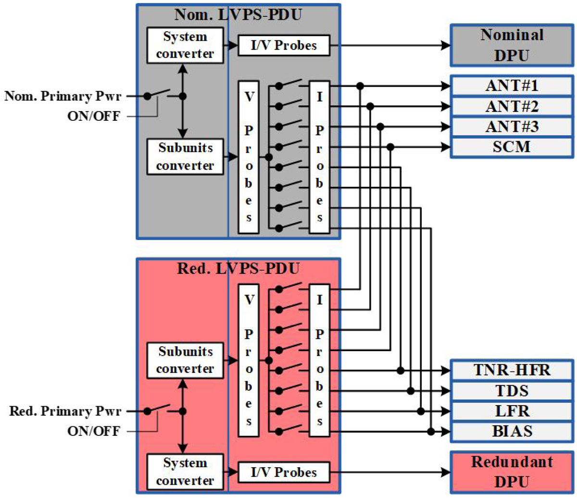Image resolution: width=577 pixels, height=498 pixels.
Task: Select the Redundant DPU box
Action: tap(512, 470)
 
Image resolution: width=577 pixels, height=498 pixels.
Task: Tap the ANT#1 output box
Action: tap(512, 87)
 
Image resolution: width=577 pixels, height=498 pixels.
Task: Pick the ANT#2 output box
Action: tap(512, 106)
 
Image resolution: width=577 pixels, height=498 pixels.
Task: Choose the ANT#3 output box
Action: tap(512, 127)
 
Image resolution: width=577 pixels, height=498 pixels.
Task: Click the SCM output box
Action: tap(512, 147)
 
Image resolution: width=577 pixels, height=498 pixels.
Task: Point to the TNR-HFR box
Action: tap(512, 371)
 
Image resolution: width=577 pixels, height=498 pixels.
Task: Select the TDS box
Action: tap(512, 391)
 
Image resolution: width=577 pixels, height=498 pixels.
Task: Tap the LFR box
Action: tap(512, 411)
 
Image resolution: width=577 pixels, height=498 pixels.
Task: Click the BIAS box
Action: tap(512, 431)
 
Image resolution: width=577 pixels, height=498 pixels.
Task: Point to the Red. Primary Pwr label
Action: tap(65, 411)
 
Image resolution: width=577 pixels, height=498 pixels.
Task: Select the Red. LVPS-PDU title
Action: tap(238, 268)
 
